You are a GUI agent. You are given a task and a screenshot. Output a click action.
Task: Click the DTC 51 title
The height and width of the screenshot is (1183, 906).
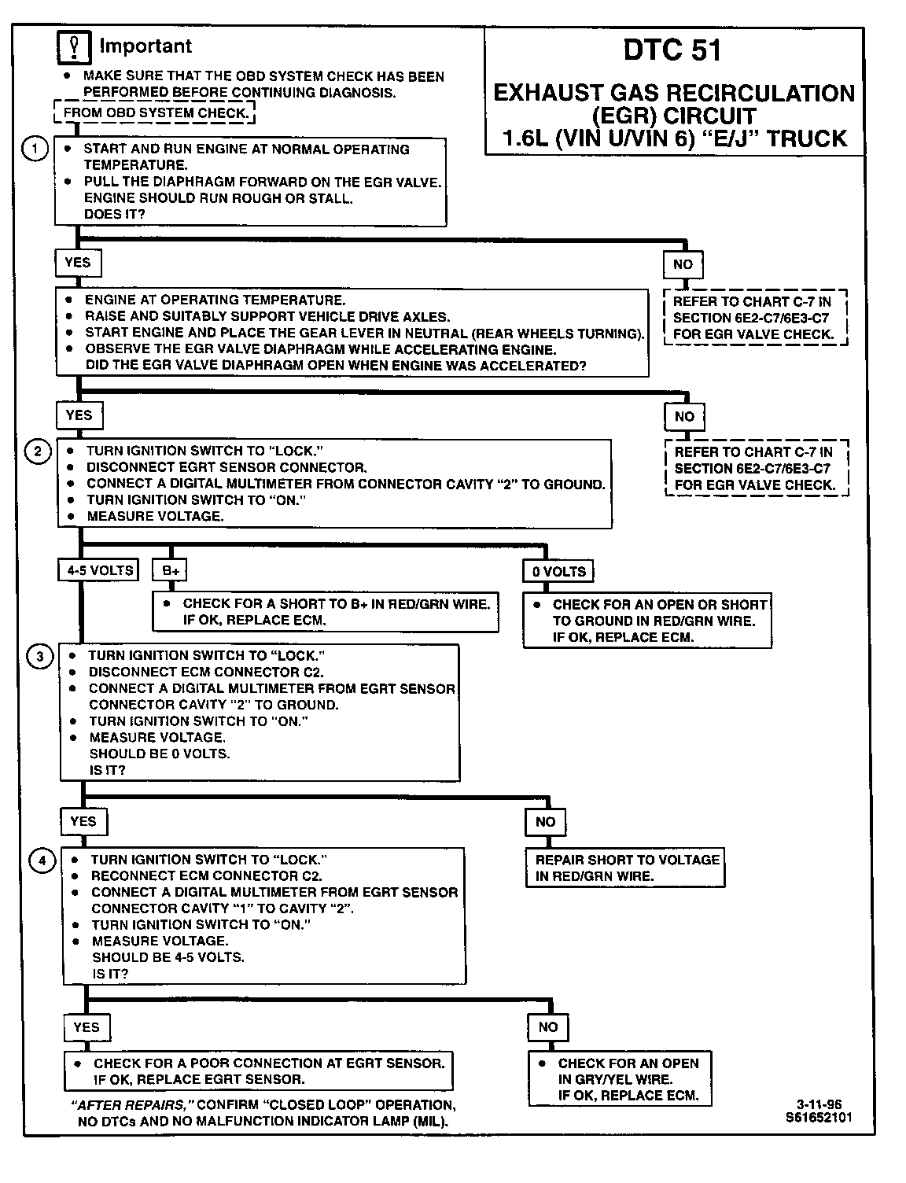(672, 50)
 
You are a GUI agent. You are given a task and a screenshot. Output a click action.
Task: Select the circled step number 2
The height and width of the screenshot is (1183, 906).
(38, 451)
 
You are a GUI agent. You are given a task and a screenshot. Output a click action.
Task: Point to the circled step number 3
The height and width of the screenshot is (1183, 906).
(41, 656)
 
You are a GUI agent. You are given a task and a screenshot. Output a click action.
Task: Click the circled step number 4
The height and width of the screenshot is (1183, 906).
(42, 861)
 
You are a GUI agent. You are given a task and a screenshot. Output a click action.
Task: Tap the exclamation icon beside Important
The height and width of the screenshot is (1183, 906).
(75, 48)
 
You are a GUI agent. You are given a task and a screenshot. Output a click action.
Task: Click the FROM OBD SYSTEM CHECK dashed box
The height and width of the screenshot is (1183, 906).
(155, 112)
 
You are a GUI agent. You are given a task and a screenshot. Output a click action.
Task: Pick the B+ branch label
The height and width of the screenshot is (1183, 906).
(170, 570)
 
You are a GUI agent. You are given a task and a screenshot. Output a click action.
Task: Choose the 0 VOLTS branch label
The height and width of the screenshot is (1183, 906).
(558, 571)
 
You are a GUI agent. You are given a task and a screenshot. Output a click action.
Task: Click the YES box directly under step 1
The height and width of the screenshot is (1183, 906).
(78, 263)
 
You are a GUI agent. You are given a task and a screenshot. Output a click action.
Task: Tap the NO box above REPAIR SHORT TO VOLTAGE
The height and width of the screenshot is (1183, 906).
(545, 822)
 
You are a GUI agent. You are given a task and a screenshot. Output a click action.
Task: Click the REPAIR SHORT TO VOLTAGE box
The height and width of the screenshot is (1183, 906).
(626, 868)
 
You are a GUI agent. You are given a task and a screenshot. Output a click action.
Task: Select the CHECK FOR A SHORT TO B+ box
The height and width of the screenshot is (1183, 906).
(326, 612)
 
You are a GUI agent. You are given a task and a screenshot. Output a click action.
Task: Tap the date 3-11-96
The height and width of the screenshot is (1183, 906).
(819, 1104)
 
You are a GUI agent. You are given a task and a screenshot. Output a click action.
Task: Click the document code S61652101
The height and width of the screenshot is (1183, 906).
(818, 1117)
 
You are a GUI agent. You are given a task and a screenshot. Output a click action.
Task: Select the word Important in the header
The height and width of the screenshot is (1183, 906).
(145, 46)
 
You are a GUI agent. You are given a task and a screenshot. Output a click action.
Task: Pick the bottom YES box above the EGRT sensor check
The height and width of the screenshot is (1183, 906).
(87, 1027)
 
